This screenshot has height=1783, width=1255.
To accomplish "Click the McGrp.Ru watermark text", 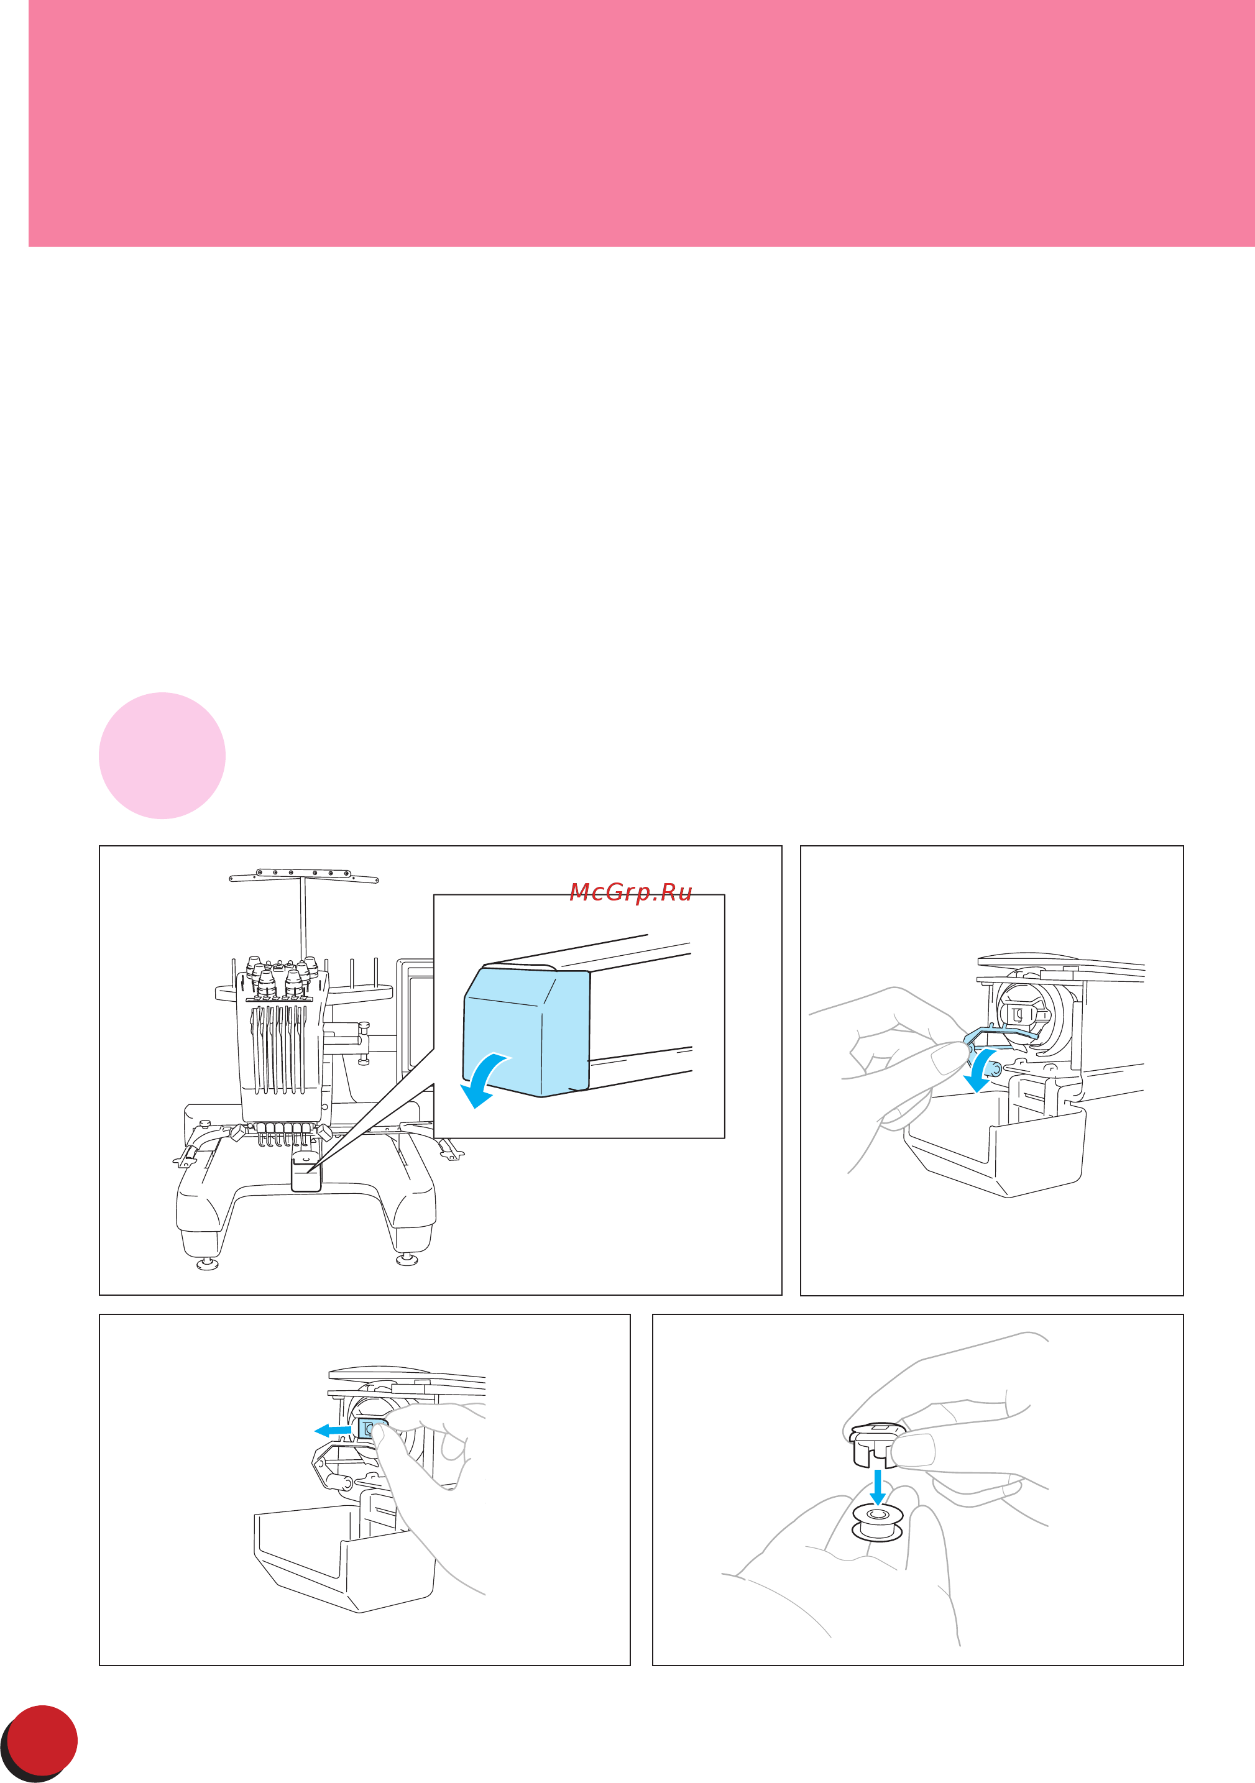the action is point(630,892).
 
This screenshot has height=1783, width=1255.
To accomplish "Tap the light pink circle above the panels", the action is point(162,756).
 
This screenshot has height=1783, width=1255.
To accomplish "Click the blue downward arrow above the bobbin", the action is point(878,1488).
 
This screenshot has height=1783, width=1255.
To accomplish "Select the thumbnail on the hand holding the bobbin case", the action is point(914,1449).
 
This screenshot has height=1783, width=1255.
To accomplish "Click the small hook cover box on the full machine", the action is point(306,1175).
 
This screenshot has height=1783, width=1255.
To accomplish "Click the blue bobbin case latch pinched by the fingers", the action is point(367,1428).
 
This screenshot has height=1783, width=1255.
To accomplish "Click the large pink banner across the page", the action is point(641,124).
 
